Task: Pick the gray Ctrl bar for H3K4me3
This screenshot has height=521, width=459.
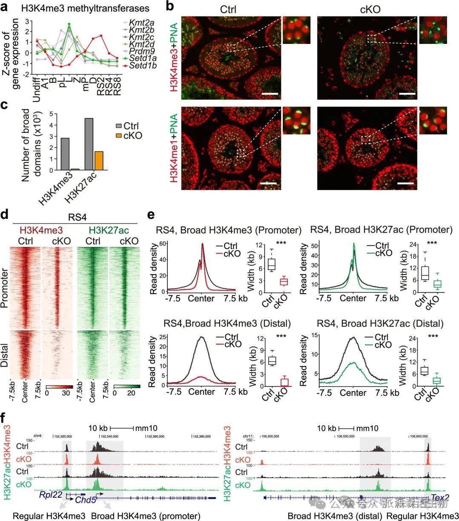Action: pos(65,154)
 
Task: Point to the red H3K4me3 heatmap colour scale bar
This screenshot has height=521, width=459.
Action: pos(60,387)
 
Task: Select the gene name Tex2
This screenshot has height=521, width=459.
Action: pos(440,497)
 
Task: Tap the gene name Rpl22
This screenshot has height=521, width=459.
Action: pos(50,494)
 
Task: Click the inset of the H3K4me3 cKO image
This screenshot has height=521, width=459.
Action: pos(433,30)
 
